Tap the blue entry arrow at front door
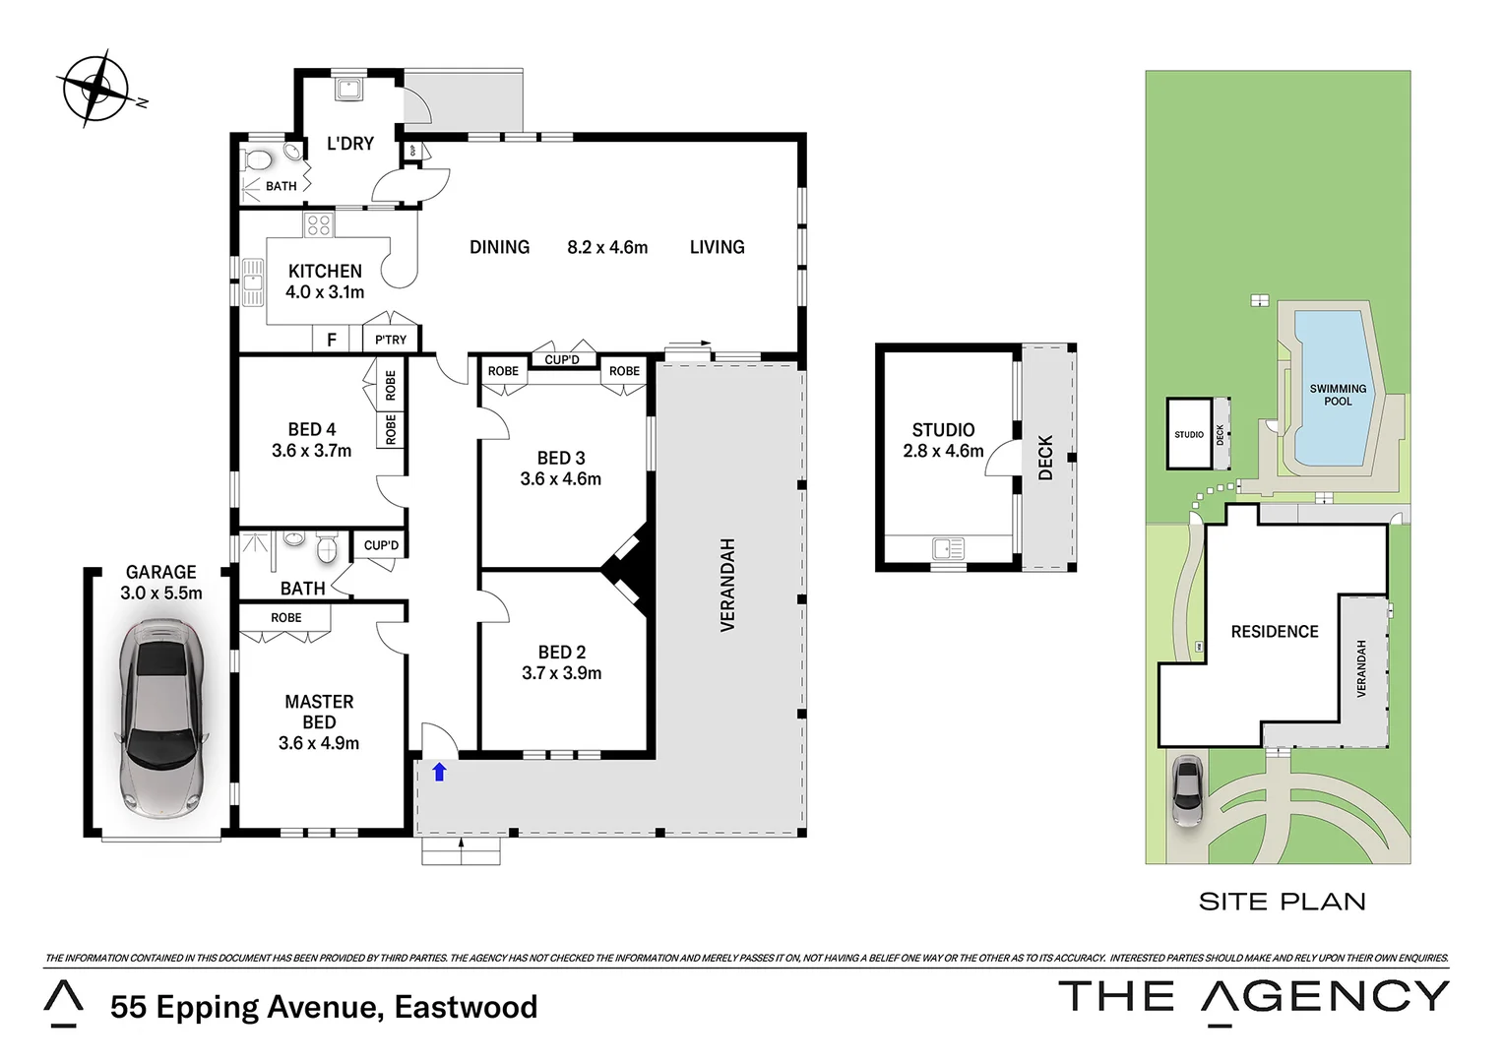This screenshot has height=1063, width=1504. click(x=439, y=773)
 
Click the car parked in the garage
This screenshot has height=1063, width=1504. click(x=161, y=719)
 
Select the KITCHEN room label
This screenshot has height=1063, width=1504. click(x=325, y=272)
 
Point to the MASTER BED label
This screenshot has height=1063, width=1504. click(x=319, y=712)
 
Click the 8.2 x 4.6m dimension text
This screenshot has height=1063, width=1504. click(x=607, y=248)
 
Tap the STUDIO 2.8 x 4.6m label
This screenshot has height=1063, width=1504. click(x=943, y=440)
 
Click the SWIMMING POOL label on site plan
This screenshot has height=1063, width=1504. click(x=1338, y=395)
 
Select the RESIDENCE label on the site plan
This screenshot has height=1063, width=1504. click(x=1274, y=632)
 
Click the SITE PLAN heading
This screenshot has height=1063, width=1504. click(x=1282, y=902)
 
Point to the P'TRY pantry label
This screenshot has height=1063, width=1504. click(x=391, y=340)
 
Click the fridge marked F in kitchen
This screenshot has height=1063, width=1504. click(x=332, y=340)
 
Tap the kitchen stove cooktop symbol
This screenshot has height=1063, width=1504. click(x=318, y=225)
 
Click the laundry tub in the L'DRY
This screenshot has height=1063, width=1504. click(x=348, y=91)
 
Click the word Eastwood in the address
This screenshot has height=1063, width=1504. click(x=466, y=1007)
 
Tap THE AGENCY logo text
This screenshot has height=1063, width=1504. click(x=1253, y=997)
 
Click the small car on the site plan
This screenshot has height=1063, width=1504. click(x=1187, y=790)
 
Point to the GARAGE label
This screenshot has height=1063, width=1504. click(x=160, y=573)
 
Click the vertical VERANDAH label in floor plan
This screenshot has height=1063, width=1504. click(x=727, y=585)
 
